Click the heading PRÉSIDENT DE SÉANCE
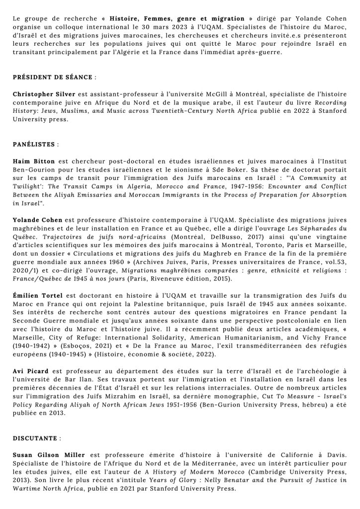tap(53, 78)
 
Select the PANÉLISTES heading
tap(34, 144)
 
